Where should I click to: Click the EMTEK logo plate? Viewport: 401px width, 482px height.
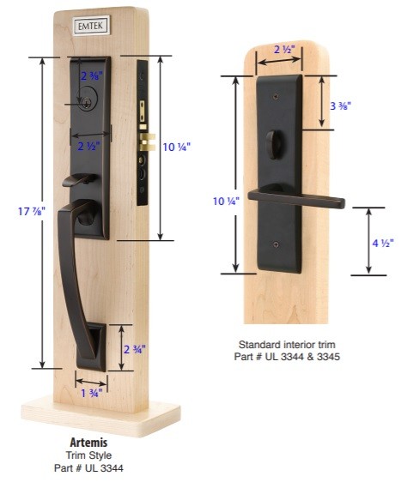point(91,26)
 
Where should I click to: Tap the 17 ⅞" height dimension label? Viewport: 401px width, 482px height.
point(32,212)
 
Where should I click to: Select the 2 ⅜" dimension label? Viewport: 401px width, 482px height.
point(91,75)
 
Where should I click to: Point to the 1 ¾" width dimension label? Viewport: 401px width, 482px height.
point(91,393)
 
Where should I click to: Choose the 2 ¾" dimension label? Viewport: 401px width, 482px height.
point(135,349)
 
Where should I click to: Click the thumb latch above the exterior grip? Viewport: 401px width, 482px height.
point(81,180)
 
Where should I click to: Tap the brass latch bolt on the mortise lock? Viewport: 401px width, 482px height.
point(147,142)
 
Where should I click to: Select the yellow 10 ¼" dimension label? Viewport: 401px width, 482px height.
point(177,147)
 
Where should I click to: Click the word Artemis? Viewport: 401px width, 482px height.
point(88,443)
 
